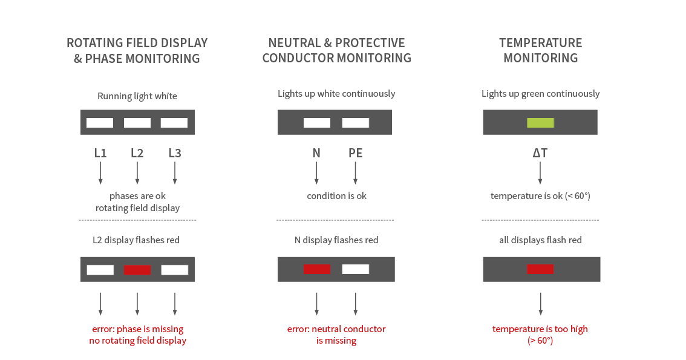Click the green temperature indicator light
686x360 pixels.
pos(540,122)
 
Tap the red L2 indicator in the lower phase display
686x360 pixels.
pos(137,270)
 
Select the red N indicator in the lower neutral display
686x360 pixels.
pos(317,269)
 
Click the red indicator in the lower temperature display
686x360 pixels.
pos(540,269)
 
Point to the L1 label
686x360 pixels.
pos(100,153)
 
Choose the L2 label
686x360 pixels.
pos(137,153)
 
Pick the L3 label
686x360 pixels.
pos(175,153)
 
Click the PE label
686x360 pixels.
pos(355,153)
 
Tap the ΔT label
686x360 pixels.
pos(540,153)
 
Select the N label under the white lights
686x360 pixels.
pos(316,153)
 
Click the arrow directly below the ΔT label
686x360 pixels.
pos(540,173)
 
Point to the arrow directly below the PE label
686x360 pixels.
pos(355,173)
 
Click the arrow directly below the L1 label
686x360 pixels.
pos(100,173)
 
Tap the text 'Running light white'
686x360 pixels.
pos(137,96)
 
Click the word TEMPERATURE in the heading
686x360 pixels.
pos(541,43)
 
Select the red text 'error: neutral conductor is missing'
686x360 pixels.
pos(336,335)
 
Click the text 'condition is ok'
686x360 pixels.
pos(336,196)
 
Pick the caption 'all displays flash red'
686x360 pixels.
pos(540,240)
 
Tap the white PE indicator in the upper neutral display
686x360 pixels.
pos(355,122)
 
